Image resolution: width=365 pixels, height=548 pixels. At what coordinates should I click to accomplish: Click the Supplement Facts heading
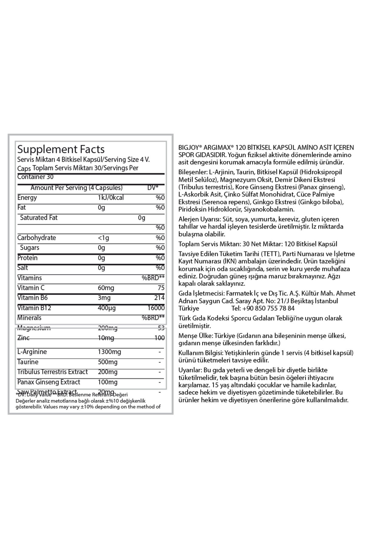click(61, 149)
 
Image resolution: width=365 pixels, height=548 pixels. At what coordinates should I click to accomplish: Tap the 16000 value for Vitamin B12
click(156, 308)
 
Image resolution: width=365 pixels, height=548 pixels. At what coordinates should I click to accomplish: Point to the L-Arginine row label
click(32, 352)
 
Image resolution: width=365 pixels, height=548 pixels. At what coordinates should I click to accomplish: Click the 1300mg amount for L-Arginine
click(109, 352)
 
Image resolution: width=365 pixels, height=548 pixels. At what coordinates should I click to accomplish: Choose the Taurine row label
click(28, 362)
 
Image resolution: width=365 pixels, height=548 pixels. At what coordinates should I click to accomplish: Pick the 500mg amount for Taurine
click(108, 362)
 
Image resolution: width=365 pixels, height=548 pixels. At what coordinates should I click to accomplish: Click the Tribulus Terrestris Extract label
click(52, 372)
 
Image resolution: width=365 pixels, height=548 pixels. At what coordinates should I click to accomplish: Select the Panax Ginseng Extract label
click(49, 382)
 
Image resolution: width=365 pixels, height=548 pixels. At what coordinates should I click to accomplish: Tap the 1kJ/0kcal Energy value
click(111, 198)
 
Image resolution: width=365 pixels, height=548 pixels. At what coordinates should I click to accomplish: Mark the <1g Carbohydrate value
click(103, 238)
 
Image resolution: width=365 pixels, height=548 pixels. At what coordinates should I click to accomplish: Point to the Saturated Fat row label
click(39, 218)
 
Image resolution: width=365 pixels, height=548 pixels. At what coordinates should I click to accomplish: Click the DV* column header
click(153, 188)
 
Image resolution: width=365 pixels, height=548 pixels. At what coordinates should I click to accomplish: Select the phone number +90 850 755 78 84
click(263, 308)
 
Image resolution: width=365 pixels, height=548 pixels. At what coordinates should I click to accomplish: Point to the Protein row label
click(27, 258)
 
